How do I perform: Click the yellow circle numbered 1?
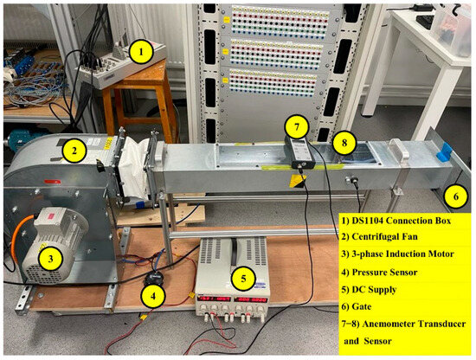point(141,52)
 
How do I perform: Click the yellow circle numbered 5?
point(246,279)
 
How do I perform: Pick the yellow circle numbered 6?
point(452,196)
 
